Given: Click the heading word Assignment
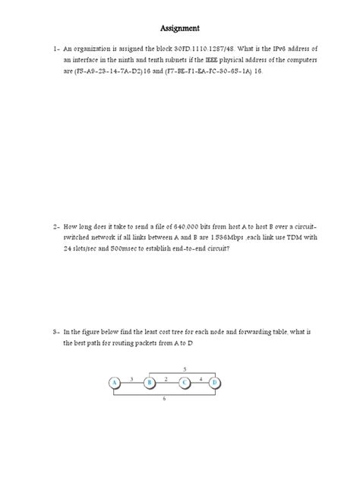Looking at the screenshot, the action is pos(179,29).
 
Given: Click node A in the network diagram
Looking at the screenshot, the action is pos(115,382).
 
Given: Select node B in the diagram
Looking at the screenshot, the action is pos(150,382).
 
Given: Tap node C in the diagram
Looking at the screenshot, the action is pos(184,382).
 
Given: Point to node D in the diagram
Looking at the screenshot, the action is pos(216,382).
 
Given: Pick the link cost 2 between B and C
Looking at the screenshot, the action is pos(166,377).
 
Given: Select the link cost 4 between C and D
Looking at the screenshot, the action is pos(200,377).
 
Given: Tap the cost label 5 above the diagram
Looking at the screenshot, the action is pos(185,368).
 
